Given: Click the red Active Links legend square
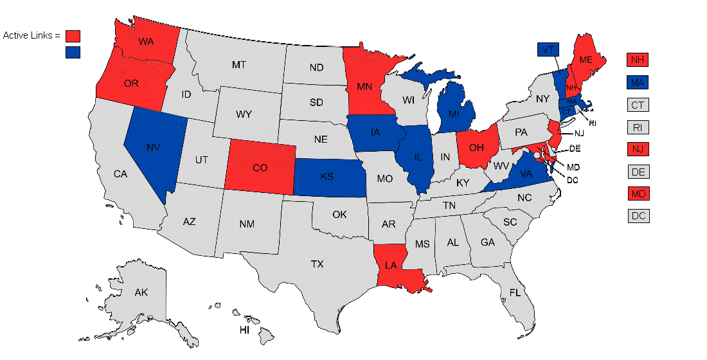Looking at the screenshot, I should [x=73, y=36].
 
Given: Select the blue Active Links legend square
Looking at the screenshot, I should [x=73, y=52].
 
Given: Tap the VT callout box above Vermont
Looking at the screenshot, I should [x=548, y=50].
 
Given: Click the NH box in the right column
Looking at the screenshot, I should [x=637, y=60].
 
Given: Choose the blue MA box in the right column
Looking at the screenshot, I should [x=637, y=82].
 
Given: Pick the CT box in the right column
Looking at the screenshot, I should [x=637, y=105].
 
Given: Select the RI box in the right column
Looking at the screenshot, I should [x=637, y=127].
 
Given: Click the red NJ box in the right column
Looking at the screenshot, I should [x=637, y=149].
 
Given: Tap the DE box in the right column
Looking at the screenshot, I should [x=637, y=172].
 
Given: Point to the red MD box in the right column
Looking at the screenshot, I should [x=637, y=194].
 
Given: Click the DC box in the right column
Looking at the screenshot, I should [x=637, y=216].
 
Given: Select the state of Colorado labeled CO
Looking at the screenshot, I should [x=260, y=168].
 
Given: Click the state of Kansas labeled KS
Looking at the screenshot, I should [x=327, y=176].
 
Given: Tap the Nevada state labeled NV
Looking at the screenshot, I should [x=153, y=148].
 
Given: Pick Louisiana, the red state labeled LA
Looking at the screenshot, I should [x=390, y=264].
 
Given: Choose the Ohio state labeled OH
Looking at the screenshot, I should [x=476, y=148].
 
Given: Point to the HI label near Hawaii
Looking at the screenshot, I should [x=245, y=330].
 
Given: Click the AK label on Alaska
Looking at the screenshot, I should [x=141, y=292].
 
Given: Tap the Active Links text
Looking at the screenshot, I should [x=31, y=35].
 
